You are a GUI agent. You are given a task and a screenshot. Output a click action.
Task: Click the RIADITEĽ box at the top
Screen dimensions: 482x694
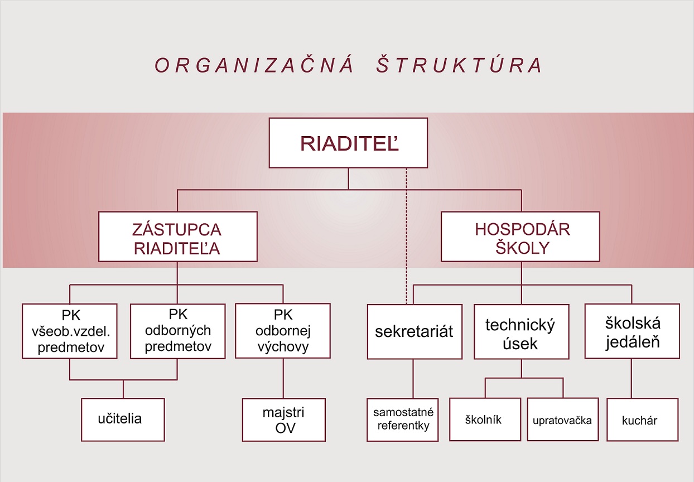[x=349, y=143]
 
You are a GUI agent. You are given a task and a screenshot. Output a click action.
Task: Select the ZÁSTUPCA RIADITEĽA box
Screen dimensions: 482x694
[x=177, y=237]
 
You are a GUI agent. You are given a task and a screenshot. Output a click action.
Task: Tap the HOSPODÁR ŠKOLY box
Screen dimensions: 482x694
[x=520, y=237]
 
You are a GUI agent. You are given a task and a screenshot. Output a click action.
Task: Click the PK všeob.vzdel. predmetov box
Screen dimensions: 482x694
[x=70, y=331]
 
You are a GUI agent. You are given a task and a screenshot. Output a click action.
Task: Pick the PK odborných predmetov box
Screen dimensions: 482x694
[x=178, y=331]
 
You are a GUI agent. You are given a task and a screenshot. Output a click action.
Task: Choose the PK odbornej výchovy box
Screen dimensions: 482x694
[x=283, y=331]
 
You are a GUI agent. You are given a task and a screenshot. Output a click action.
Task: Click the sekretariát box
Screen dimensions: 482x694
[x=415, y=331]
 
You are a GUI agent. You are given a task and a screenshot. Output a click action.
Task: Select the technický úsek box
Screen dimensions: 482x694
[x=521, y=331]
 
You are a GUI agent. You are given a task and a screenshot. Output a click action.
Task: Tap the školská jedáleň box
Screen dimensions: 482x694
[x=632, y=331]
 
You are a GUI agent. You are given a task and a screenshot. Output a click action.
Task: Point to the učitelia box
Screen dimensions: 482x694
[x=123, y=419]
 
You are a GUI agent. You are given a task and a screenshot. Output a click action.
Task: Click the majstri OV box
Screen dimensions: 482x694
[x=283, y=420]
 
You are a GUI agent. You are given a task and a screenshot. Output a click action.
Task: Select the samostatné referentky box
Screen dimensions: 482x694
[x=403, y=420]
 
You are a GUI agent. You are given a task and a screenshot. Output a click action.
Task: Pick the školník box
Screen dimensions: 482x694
[x=484, y=420]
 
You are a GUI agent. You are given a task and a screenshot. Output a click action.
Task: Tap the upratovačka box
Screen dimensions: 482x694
[x=562, y=420]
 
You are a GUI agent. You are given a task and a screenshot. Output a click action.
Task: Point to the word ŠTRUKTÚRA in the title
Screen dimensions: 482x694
[x=459, y=65]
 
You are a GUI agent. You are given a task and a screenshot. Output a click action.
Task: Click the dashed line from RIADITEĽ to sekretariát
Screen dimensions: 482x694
[x=406, y=234]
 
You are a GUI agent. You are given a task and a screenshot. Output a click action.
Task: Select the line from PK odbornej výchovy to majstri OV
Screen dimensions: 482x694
[x=283, y=378]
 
